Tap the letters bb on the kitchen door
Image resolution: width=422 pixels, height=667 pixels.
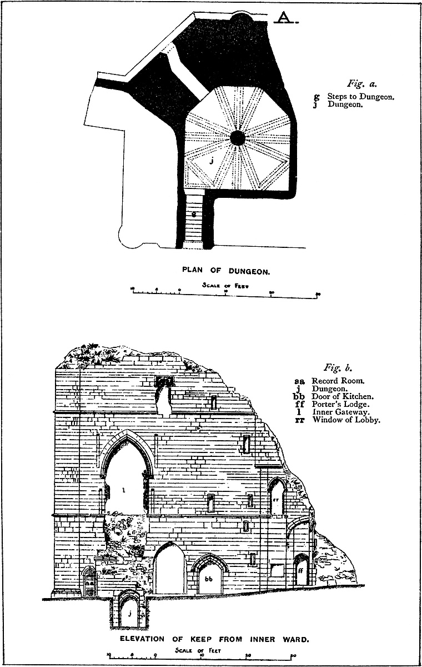pyautogui.click(x=209, y=579)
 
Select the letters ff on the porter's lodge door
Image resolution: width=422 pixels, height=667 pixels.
pyautogui.click(x=300, y=570)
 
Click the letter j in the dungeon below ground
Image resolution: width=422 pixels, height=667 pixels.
pyautogui.click(x=128, y=614)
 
